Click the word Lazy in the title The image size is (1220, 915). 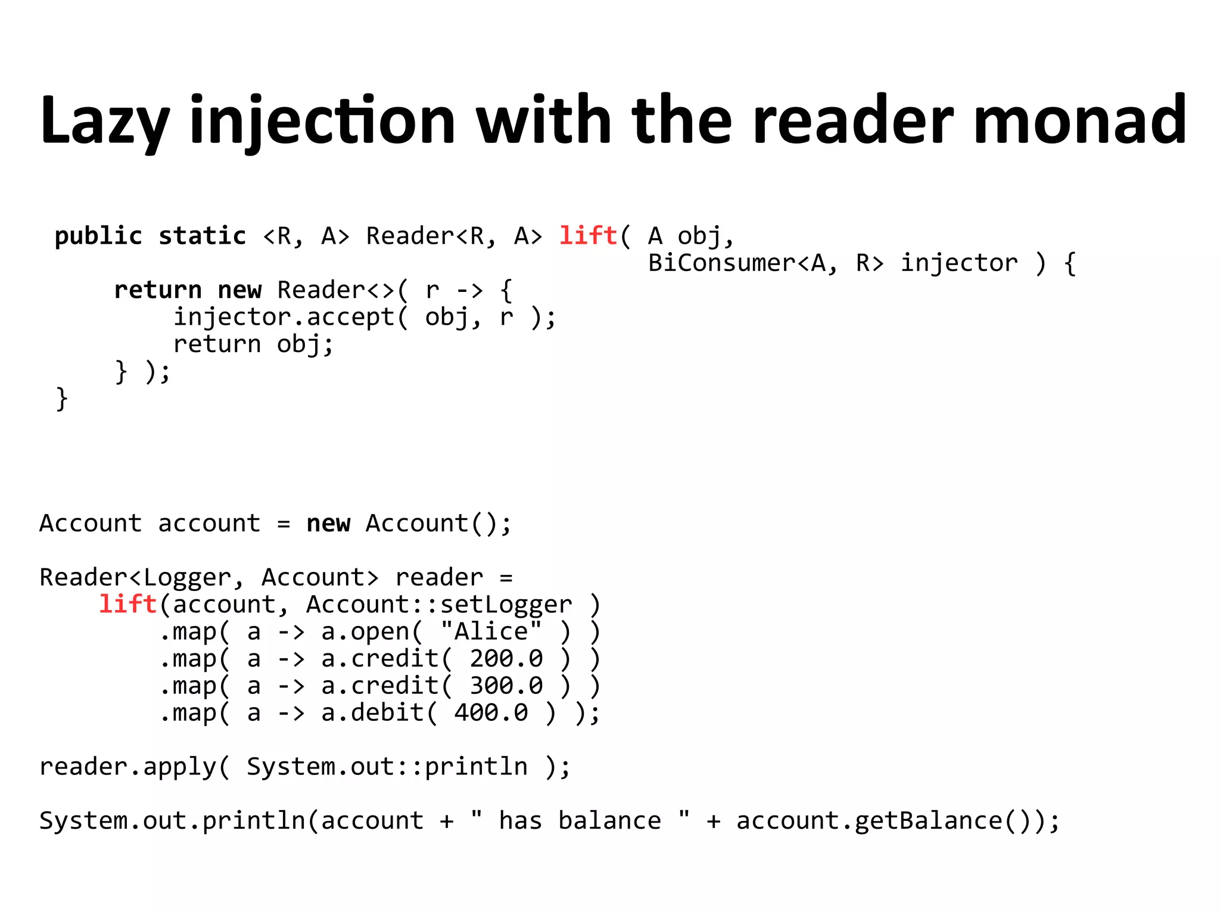click(x=105, y=121)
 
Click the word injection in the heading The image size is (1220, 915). click(x=322, y=121)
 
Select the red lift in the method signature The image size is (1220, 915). click(x=588, y=236)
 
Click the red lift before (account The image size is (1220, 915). click(x=127, y=604)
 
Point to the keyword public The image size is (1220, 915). click(x=98, y=236)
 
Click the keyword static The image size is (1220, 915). click(x=203, y=236)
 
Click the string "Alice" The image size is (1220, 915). click(x=491, y=631)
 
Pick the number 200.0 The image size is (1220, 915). click(x=506, y=658)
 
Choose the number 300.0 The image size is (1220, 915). click(x=506, y=686)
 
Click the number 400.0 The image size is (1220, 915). click(x=491, y=712)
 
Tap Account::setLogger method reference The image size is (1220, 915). click(x=439, y=604)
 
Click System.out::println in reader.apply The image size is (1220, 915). click(x=387, y=767)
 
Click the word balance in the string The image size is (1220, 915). click(x=609, y=821)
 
